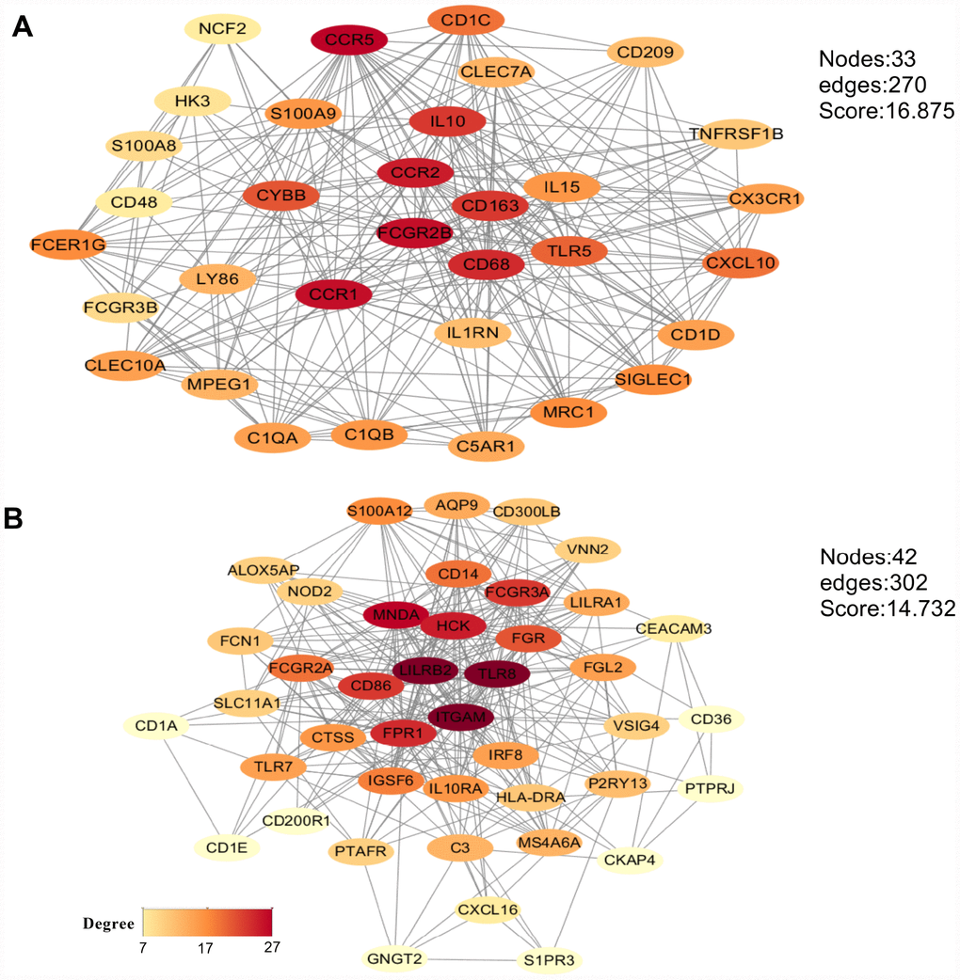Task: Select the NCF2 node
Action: pyautogui.click(x=222, y=29)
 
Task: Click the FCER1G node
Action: pyautogui.click(x=69, y=245)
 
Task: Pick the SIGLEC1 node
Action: pyautogui.click(x=652, y=379)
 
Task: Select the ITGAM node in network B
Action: pyautogui.click(x=461, y=718)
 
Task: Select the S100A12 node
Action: pyautogui.click(x=379, y=512)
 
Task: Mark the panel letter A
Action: pyautogui.click(x=23, y=29)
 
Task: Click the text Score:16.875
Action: pyautogui.click(x=887, y=111)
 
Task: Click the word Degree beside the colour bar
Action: pyautogui.click(x=105, y=924)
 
